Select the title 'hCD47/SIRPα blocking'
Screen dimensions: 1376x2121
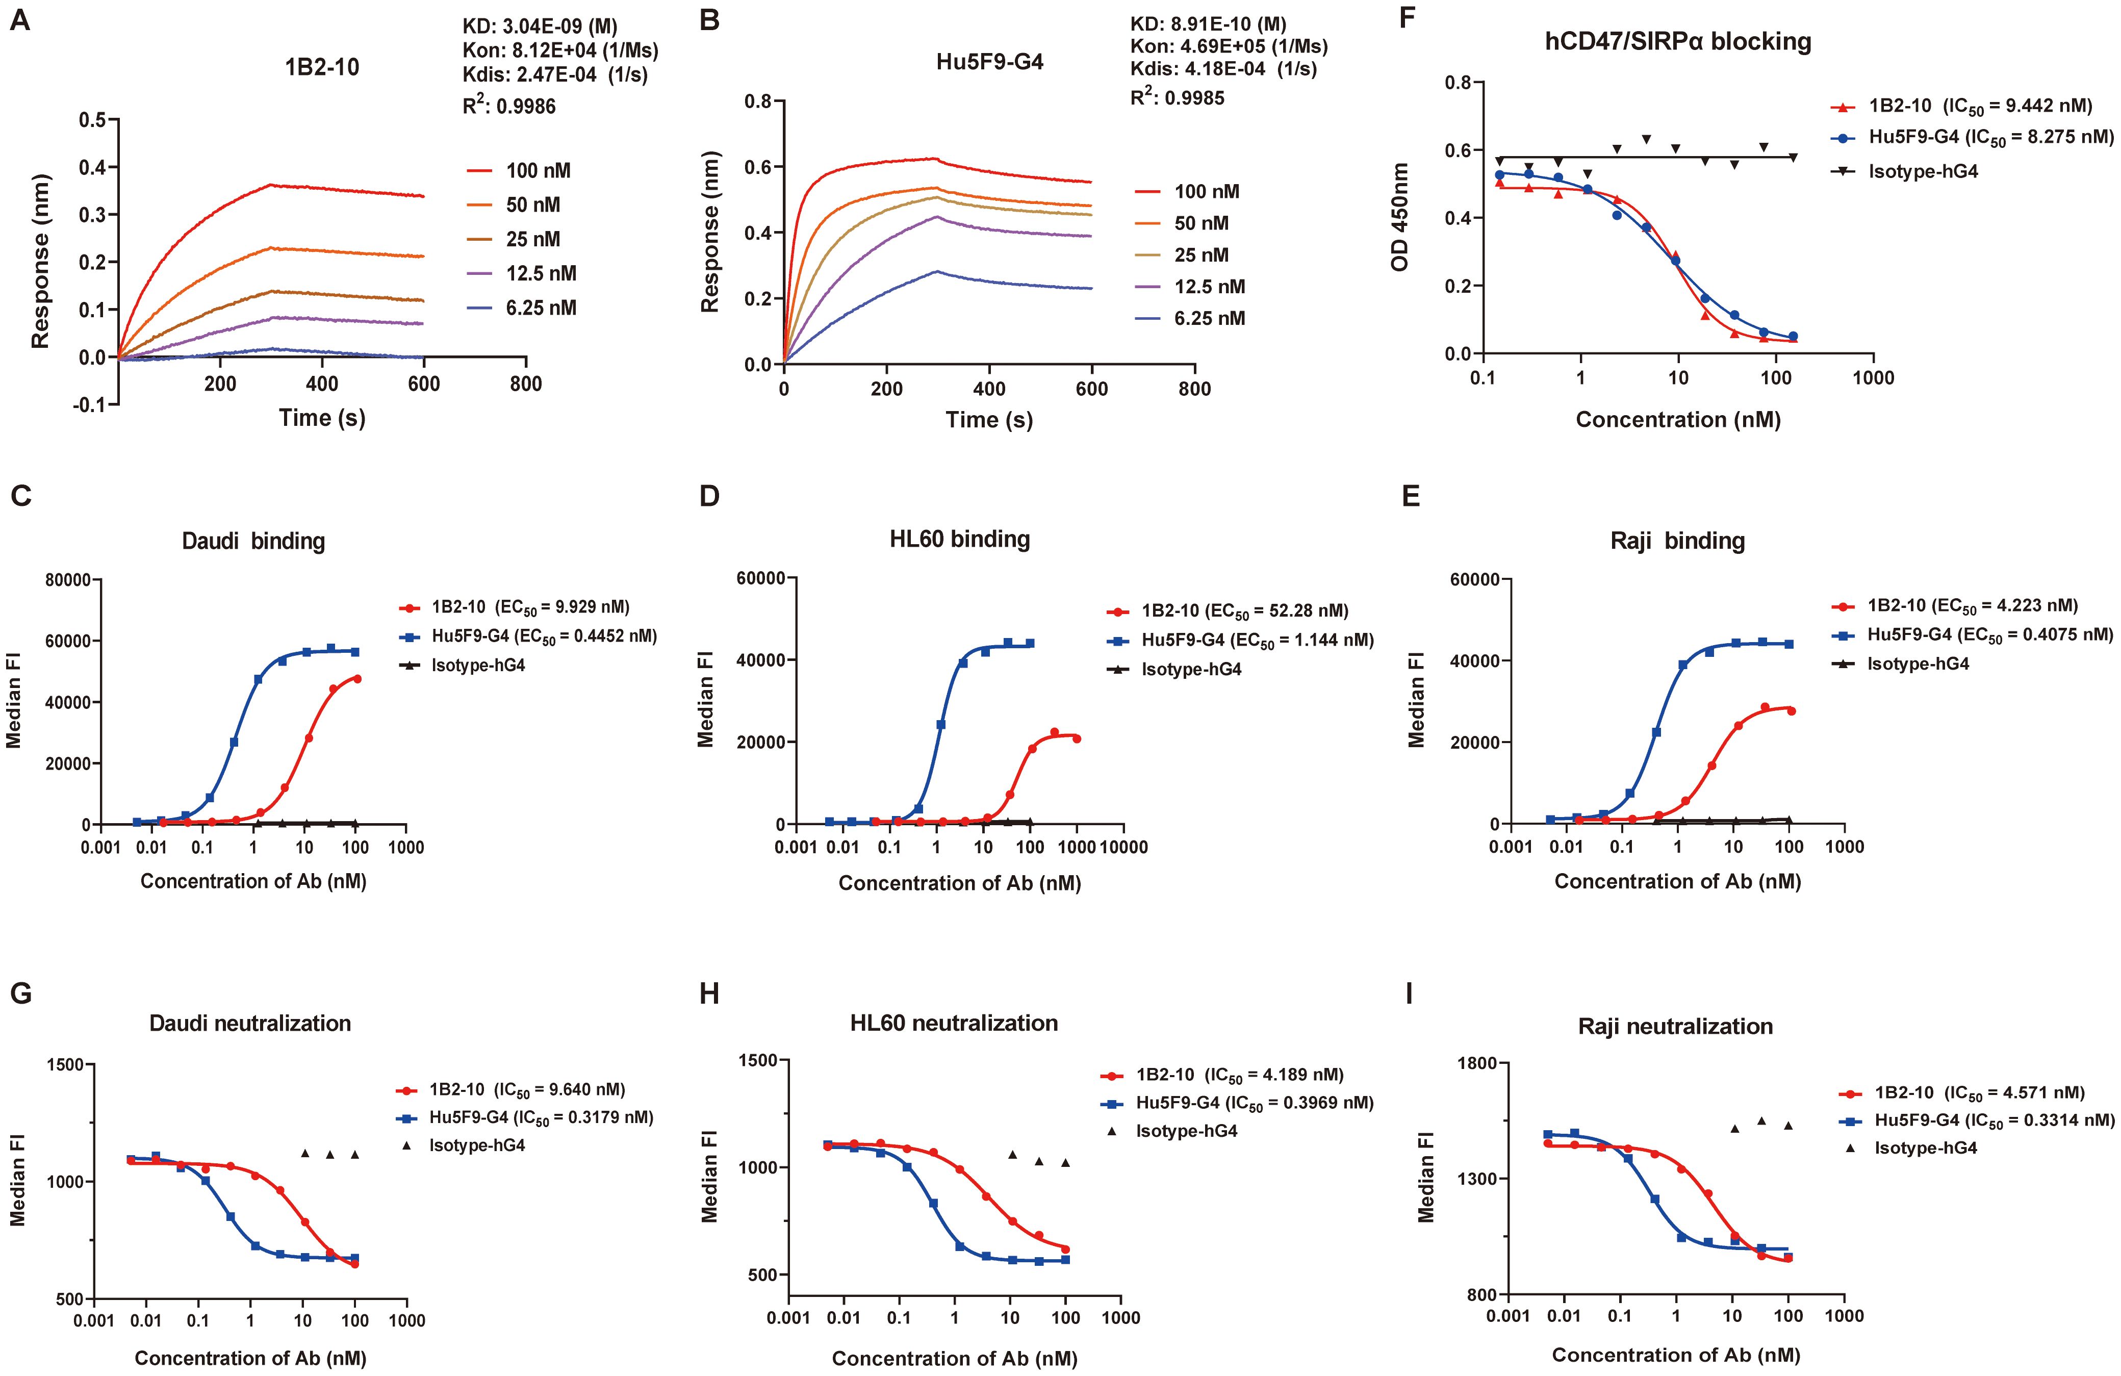1677,42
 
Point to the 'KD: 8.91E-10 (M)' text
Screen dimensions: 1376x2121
1208,24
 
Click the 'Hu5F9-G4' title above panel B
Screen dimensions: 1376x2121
989,62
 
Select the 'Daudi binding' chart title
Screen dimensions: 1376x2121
253,541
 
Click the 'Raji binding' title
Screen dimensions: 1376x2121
1677,541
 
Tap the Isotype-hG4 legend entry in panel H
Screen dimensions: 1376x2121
1185,1131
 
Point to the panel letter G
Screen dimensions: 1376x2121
19,993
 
